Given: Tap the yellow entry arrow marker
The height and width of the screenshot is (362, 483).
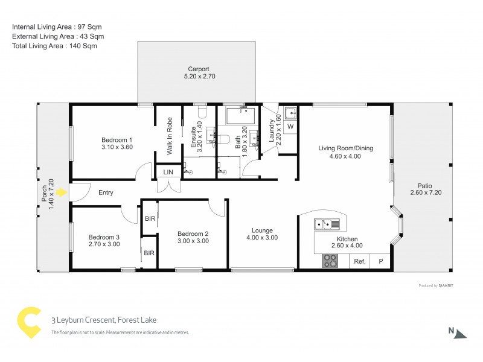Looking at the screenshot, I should (x=60, y=192).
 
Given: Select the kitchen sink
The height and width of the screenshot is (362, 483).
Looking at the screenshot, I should (x=327, y=225).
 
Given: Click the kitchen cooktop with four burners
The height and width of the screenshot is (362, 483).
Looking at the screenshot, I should (x=330, y=261).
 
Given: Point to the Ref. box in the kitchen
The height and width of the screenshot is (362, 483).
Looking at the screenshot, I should (x=360, y=261).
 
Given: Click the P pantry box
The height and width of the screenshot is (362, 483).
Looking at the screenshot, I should (x=380, y=261).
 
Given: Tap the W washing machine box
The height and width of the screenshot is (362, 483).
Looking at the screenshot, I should (x=290, y=127).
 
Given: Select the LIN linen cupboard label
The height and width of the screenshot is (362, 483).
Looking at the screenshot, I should (x=168, y=172).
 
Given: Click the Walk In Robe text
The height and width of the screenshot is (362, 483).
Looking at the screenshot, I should (x=170, y=136).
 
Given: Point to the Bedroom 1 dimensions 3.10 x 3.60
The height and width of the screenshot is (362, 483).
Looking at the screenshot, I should (x=117, y=147).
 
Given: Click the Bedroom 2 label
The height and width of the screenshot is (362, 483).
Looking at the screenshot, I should (x=193, y=233).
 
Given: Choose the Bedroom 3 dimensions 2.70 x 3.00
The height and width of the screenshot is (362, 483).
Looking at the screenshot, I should (x=104, y=244).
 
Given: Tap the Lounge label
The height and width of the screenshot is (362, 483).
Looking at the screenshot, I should (x=263, y=230).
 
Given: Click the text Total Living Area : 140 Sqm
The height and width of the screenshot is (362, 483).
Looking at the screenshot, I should (x=54, y=46).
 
